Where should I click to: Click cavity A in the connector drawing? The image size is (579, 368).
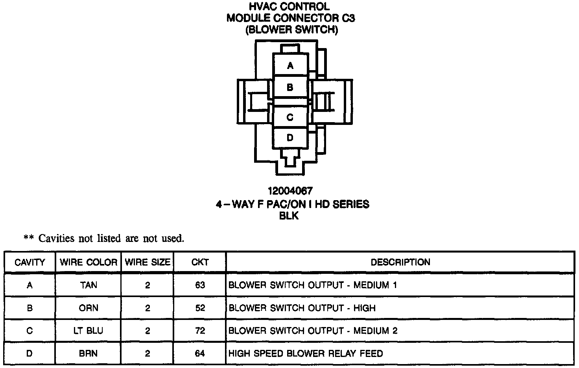[290, 65]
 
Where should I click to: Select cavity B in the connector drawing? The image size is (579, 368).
[290, 87]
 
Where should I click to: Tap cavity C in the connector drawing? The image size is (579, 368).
[290, 117]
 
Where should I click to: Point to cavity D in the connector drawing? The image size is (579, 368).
[290, 138]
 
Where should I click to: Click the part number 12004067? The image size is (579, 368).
[290, 191]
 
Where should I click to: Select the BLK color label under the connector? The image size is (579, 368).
[289, 216]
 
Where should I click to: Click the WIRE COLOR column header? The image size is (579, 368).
[89, 262]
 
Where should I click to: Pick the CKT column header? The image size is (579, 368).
[200, 262]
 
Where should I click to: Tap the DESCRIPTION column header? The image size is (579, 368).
[400, 262]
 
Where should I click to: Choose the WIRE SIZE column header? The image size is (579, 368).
[148, 262]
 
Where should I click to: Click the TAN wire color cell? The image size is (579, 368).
[89, 285]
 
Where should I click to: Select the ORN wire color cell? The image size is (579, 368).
[89, 308]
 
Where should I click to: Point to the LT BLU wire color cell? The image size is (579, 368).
[89, 331]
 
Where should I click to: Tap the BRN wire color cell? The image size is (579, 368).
[89, 353]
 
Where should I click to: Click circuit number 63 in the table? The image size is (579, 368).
[200, 285]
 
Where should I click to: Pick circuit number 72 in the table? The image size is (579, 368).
[200, 331]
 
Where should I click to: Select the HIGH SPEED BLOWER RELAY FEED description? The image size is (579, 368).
[306, 353]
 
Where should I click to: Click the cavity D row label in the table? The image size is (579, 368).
[30, 353]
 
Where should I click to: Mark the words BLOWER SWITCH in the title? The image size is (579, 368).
[291, 30]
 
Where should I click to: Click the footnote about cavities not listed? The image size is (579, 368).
[104, 238]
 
